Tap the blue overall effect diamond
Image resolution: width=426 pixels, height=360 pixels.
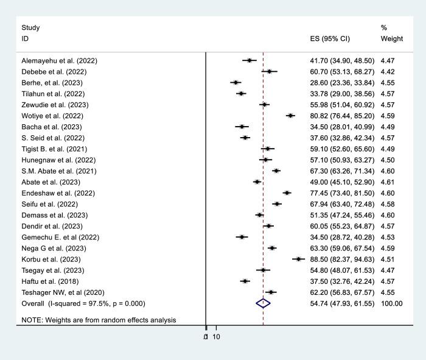[263, 303]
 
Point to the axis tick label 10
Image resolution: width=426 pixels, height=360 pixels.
[216, 337]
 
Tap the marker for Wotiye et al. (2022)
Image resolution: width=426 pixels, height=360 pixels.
[290, 115]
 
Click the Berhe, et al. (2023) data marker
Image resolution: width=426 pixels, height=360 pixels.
[236, 82]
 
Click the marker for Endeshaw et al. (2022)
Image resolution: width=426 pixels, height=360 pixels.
[287, 192]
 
